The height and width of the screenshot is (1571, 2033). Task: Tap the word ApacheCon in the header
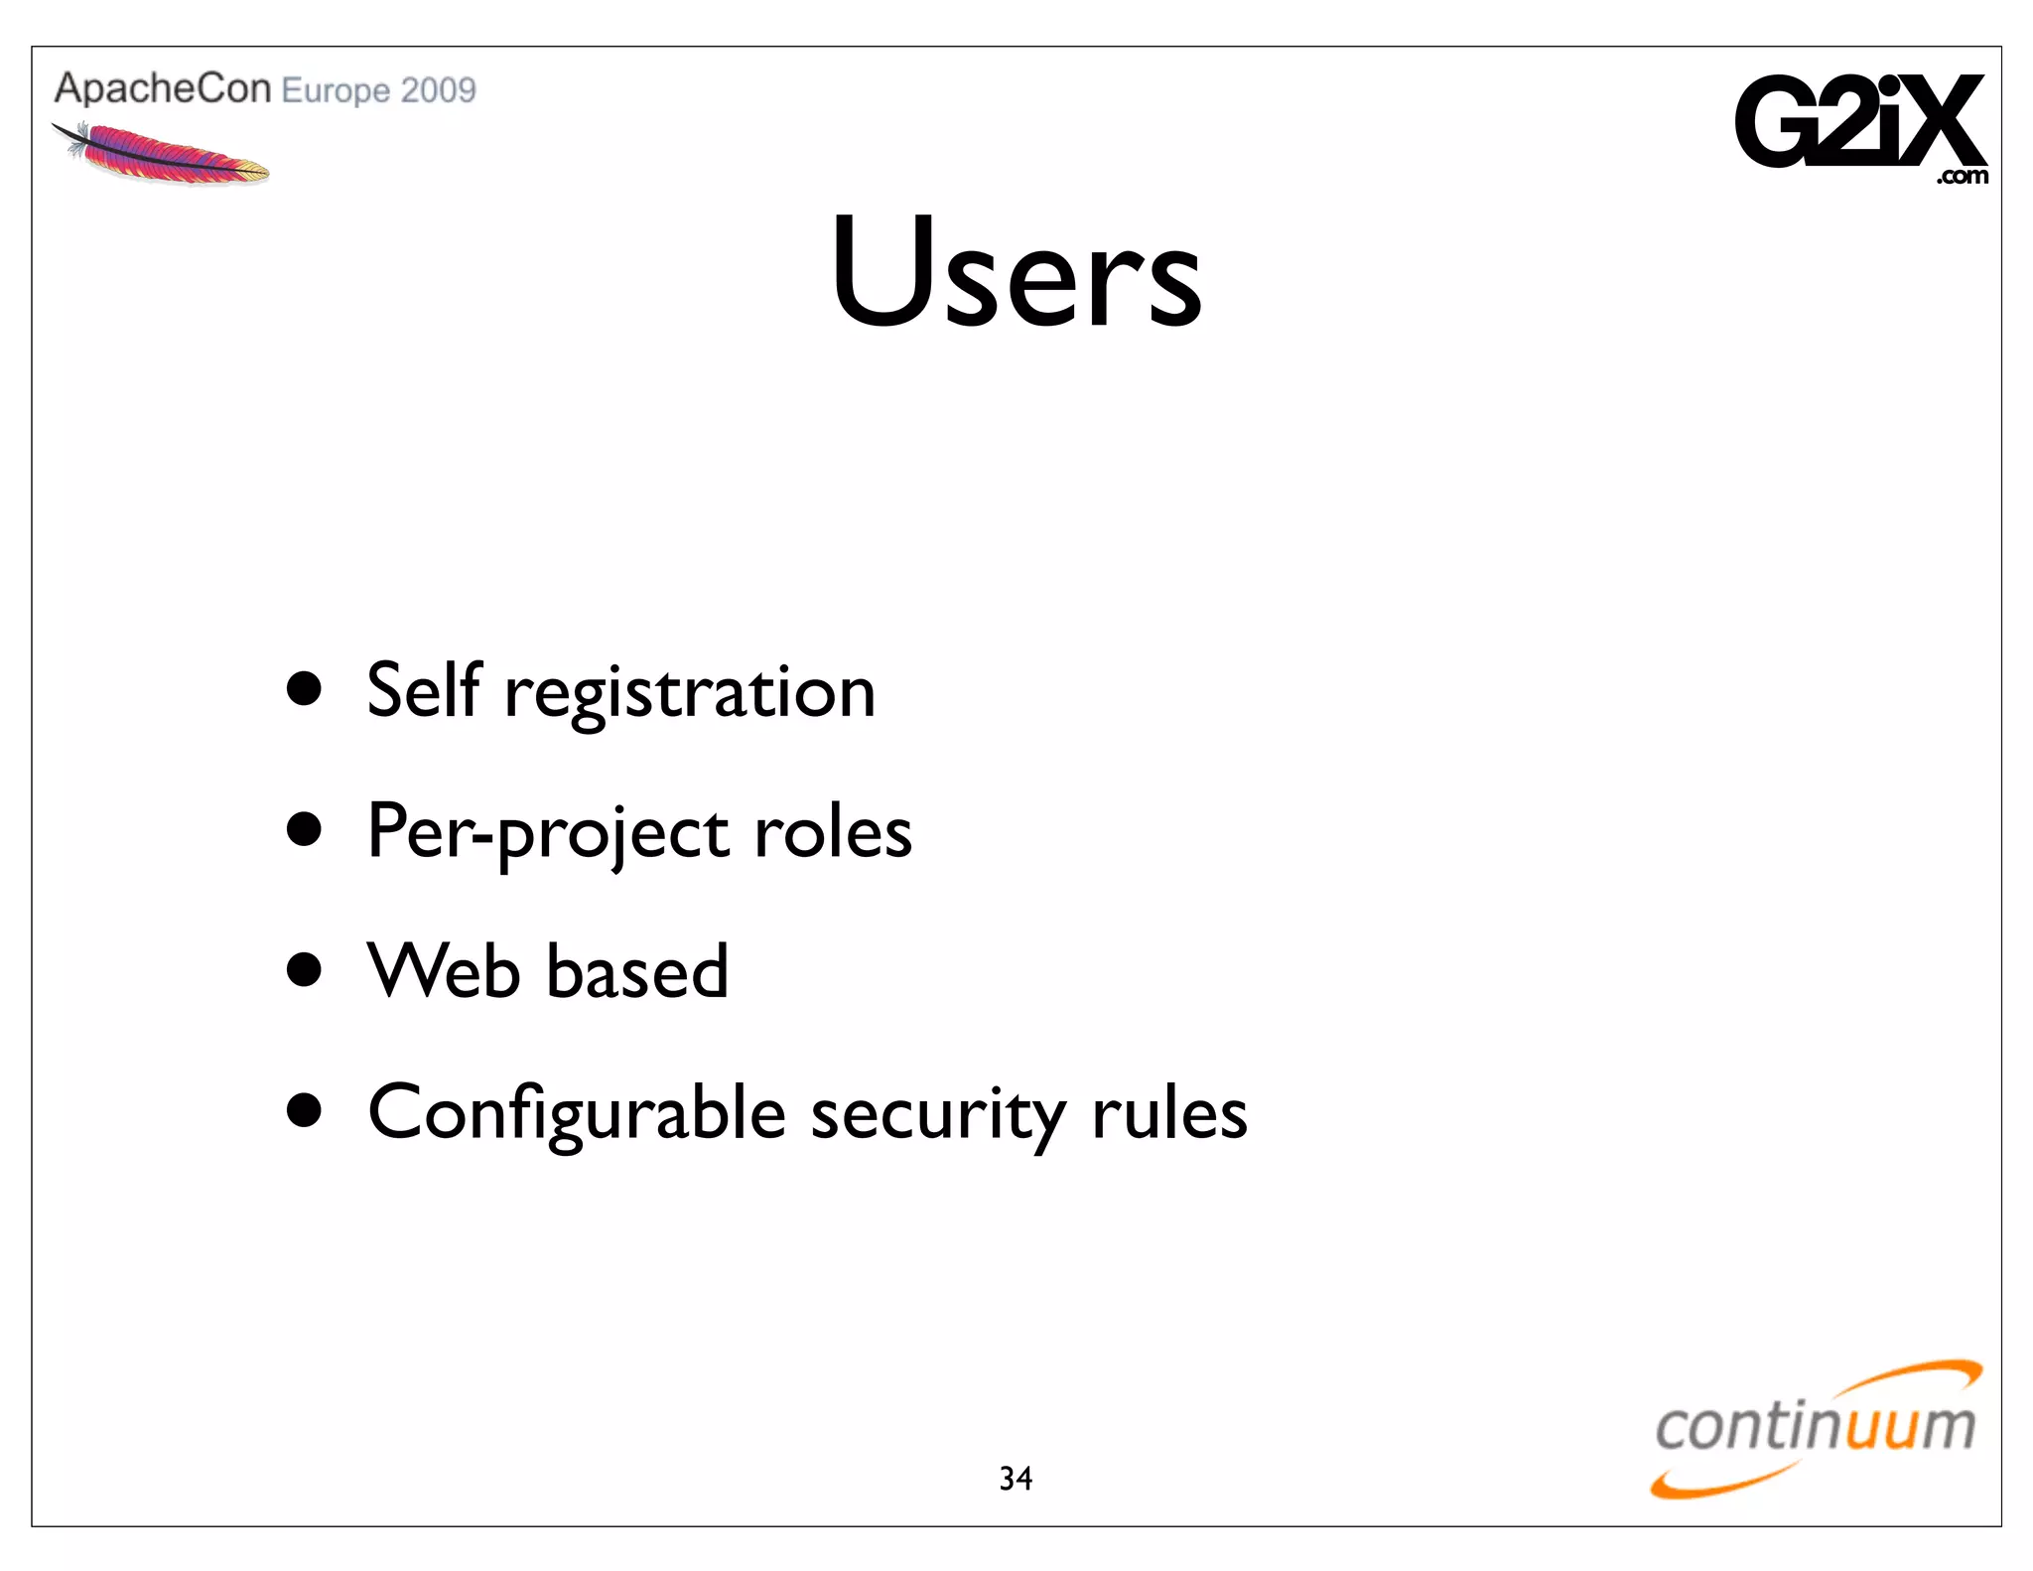pos(163,88)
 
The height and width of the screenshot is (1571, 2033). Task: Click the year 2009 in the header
pos(439,90)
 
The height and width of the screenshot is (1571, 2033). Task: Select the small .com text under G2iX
pos(1962,177)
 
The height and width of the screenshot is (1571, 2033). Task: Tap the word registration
pos(690,694)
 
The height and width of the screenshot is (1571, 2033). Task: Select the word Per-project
pos(546,833)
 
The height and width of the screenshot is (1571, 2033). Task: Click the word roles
pos(832,832)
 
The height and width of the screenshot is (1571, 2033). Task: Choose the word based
pos(637,971)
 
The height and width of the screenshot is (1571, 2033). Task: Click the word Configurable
pos(577,1114)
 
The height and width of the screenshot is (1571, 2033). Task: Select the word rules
pos(1168,1114)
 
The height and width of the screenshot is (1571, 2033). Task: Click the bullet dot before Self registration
pos(304,688)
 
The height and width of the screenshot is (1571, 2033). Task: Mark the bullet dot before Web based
pos(304,969)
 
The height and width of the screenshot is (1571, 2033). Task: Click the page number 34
pos(1016,1479)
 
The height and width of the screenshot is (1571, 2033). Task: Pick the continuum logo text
pos(1815,1427)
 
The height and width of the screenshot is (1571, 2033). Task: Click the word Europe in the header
pos(336,91)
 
